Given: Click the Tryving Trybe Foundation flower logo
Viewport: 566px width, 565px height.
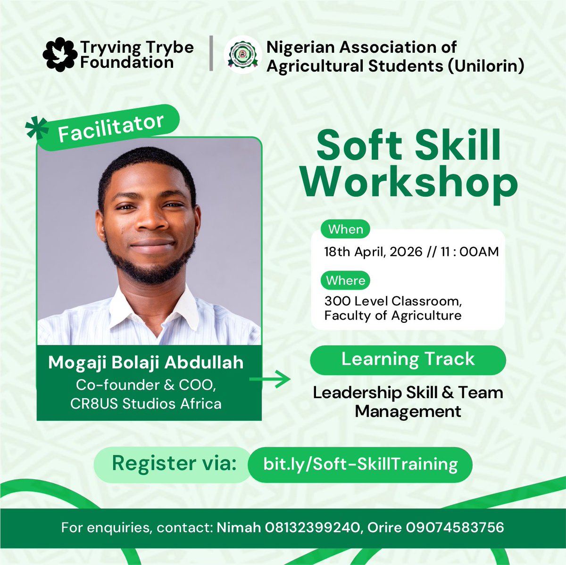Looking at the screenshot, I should click(59, 55).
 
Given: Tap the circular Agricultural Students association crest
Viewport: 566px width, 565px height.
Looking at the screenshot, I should click(242, 56).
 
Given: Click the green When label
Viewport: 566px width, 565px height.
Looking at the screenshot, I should click(346, 229).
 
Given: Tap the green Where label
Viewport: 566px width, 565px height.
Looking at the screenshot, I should click(346, 280).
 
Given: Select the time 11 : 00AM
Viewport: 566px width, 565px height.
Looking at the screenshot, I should click(469, 252).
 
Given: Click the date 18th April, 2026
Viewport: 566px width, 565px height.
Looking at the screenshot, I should click(373, 252).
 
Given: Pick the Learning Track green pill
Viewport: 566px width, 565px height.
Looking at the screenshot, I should click(408, 359).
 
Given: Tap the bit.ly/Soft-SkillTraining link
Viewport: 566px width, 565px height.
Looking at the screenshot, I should click(360, 464).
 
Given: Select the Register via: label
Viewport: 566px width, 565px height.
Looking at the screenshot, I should click(174, 464).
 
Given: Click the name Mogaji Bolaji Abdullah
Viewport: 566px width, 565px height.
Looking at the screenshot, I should click(146, 362).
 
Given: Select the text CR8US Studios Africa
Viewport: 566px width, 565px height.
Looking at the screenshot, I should click(146, 403).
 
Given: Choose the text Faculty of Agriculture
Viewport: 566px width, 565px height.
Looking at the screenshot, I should click(392, 315).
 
